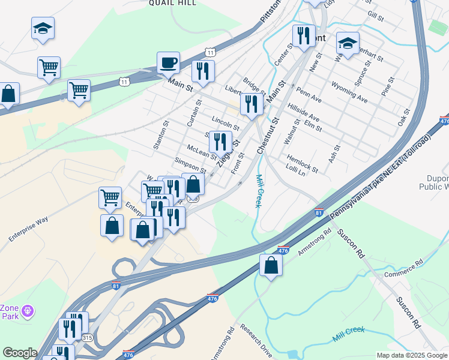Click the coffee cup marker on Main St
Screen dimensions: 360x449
click(168, 63)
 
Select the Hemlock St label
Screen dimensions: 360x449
click(302, 161)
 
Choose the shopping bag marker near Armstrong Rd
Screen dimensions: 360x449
click(271, 265)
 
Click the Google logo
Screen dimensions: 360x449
click(20, 353)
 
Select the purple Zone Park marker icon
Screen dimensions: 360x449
click(27, 311)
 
